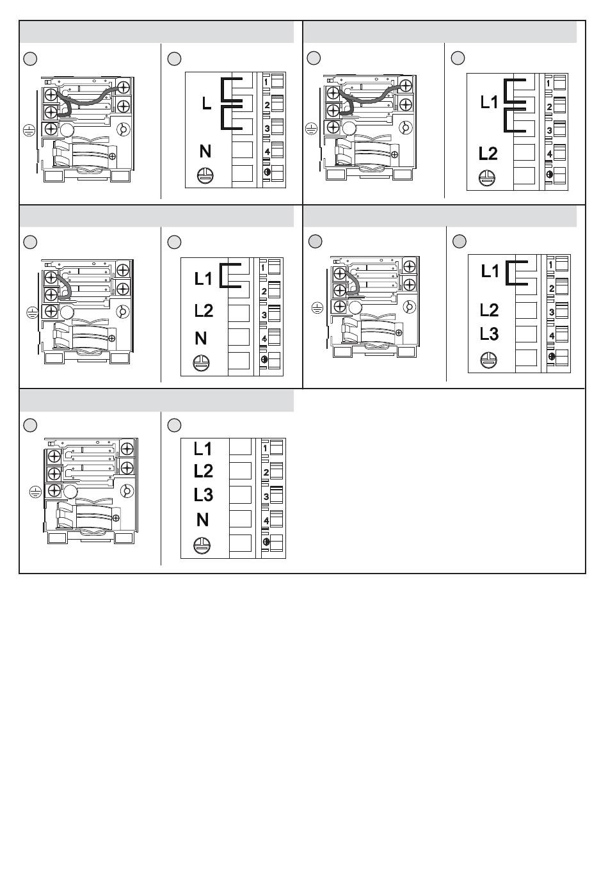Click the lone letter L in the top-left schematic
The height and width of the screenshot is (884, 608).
coord(206,103)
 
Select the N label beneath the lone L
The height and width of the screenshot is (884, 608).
coord(205,152)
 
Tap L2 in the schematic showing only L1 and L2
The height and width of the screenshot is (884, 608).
coord(488,154)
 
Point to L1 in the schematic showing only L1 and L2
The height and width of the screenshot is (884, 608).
coord(489,102)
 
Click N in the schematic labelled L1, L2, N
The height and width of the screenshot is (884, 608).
coord(201,339)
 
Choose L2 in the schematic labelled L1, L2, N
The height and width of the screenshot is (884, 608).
coord(204,311)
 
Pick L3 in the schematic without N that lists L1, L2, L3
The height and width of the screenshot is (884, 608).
coord(489,334)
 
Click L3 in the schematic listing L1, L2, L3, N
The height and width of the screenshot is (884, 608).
coord(203,495)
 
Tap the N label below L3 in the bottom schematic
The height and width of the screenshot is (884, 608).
coord(202,520)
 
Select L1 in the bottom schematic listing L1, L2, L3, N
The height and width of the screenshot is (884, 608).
coord(202,448)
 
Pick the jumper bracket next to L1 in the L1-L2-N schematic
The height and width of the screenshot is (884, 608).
coord(229,275)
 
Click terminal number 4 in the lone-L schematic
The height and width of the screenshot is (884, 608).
coord(267,152)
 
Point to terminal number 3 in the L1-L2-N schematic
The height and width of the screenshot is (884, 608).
coord(264,315)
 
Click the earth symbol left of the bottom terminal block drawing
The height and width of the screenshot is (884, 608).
coord(36,492)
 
